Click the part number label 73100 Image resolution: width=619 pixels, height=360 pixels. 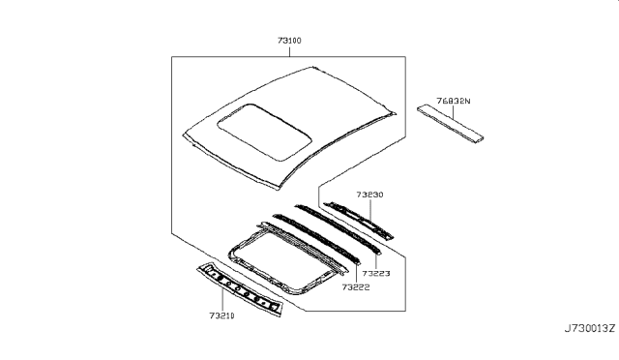pyautogui.click(x=289, y=41)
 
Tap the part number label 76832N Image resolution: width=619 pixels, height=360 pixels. pyautogui.click(x=454, y=101)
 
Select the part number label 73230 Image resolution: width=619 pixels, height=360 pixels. pyautogui.click(x=369, y=195)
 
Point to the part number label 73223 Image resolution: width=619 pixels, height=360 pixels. pyautogui.click(x=376, y=274)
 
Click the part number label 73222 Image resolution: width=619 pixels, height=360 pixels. pyautogui.click(x=356, y=287)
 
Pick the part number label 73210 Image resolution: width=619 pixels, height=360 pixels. pyautogui.click(x=221, y=315)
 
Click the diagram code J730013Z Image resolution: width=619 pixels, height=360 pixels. pyautogui.click(x=590, y=328)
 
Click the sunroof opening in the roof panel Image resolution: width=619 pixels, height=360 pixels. pyautogui.click(x=264, y=132)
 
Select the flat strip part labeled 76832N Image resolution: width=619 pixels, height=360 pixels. pyautogui.click(x=451, y=124)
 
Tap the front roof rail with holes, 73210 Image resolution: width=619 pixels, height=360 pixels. pyautogui.click(x=240, y=289)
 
